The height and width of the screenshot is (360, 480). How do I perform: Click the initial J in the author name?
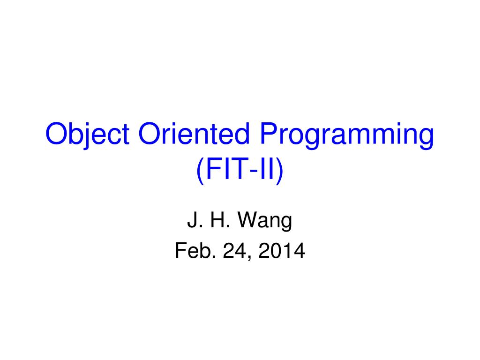pos(192,220)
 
